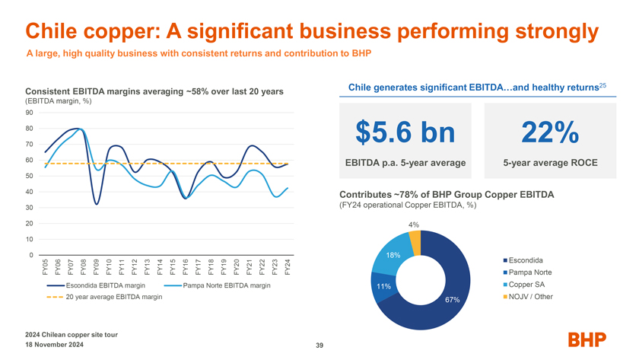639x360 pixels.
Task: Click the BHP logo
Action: pos(587,340)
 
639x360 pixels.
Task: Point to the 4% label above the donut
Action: pos(413,225)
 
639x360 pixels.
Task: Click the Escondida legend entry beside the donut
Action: pos(526,260)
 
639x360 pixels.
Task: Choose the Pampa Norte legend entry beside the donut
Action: pos(530,272)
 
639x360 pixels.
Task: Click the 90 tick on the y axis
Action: pos(28,113)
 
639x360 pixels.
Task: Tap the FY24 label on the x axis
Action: pos(287,267)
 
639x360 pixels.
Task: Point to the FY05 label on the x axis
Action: pos(44,267)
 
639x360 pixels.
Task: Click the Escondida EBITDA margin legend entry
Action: pos(100,285)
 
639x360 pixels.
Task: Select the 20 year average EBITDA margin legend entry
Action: pos(113,297)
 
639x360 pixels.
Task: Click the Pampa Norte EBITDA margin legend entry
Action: pos(226,285)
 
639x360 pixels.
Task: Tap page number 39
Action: pos(319,346)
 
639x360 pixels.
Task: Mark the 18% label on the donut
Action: pos(393,255)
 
